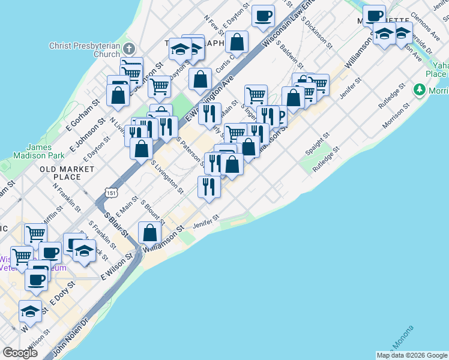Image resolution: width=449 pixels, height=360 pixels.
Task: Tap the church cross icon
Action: point(130,48)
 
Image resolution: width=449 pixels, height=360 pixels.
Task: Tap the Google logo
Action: point(20,353)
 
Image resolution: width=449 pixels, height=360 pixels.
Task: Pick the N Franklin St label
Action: point(67,197)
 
